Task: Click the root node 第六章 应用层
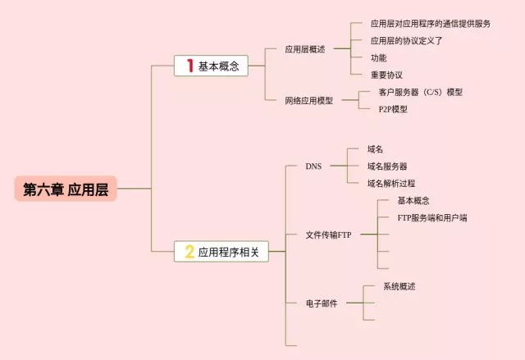[66, 189]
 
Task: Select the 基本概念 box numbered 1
[211, 66]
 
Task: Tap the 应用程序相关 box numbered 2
[221, 252]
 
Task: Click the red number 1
[189, 66]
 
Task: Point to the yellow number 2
[189, 252]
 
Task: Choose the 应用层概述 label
[305, 49]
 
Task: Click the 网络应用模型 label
[309, 100]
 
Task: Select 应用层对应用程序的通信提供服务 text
[431, 24]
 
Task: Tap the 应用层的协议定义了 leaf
[407, 40]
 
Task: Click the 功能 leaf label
[378, 57]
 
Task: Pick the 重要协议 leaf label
[386, 75]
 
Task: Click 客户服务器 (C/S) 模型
[420, 92]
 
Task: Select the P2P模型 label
[393, 109]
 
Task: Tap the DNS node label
[313, 166]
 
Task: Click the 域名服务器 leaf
[387, 166]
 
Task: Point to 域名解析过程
[391, 183]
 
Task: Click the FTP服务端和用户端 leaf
[432, 218]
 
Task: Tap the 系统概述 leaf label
[399, 286]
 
